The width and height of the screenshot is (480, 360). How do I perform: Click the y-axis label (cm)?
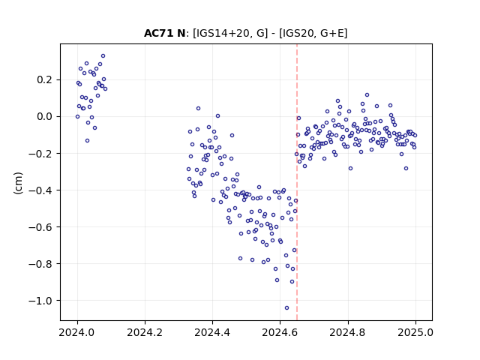click(x=18, y=183)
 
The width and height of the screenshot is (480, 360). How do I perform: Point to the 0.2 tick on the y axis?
click(x=46, y=80)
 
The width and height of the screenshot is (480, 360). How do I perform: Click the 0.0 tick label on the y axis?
click(x=46, y=117)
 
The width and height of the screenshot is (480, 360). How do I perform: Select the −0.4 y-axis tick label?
click(x=41, y=190)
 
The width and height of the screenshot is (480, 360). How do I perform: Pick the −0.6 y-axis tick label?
click(x=41, y=226)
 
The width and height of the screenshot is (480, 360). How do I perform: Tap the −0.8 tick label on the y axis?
click(x=41, y=263)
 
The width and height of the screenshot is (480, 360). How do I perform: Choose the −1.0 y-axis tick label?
click(x=41, y=301)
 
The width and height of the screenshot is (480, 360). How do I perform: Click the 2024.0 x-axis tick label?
click(x=77, y=332)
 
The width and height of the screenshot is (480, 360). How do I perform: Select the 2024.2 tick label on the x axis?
click(x=145, y=332)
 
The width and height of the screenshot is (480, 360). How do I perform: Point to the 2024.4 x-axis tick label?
click(x=212, y=332)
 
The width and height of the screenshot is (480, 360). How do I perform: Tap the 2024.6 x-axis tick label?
click(x=280, y=332)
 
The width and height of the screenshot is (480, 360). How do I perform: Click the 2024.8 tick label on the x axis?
click(x=348, y=332)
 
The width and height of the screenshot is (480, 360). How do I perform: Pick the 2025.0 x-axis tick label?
click(x=415, y=332)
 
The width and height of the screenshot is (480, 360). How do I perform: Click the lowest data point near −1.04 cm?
click(x=286, y=308)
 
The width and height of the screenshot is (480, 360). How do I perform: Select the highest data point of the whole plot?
click(x=103, y=56)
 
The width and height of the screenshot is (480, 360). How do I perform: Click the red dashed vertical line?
click(x=297, y=182)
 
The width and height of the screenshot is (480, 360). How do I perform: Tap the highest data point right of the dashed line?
click(x=367, y=95)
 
